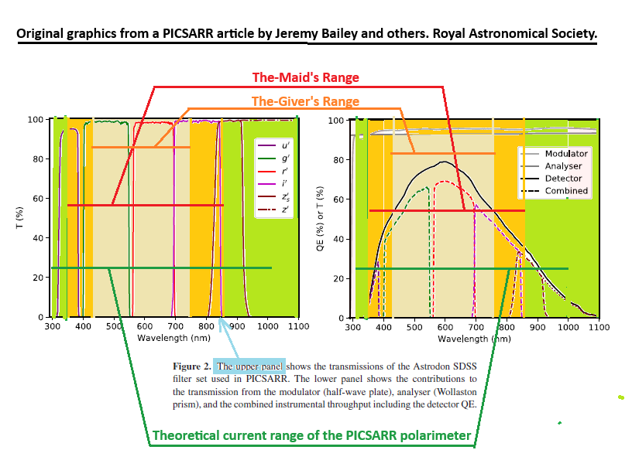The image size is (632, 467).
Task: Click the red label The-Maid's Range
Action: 306,77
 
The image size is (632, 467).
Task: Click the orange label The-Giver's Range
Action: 305,101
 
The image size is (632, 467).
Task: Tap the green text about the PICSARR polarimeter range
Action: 311,436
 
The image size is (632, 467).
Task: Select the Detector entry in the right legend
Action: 563,179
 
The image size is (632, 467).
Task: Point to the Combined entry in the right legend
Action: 566,191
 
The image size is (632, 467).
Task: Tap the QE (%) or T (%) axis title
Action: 321,219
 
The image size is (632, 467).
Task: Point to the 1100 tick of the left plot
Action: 298,327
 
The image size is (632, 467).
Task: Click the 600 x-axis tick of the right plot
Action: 445,328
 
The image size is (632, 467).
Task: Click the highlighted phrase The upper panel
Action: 250,366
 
